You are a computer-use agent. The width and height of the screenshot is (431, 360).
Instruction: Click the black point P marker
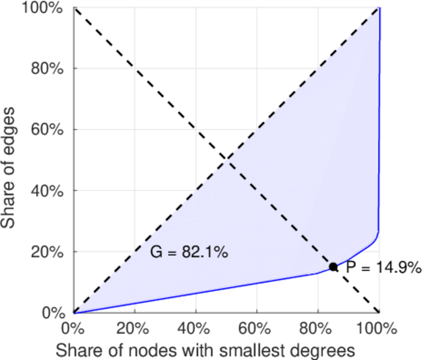333,267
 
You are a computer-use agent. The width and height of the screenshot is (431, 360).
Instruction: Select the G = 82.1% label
188,253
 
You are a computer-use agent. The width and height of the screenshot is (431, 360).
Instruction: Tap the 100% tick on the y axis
47,8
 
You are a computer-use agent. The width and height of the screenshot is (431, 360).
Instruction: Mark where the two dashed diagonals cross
226,160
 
